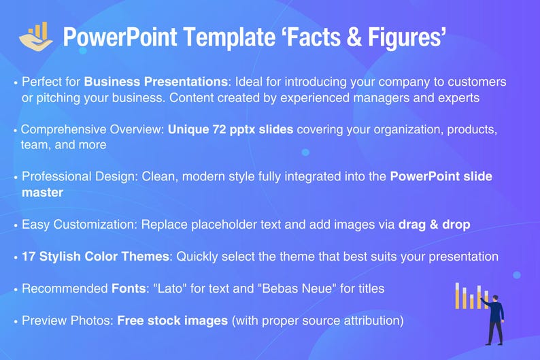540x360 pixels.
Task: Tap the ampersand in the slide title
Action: [358, 37]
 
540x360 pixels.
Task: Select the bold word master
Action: [42, 193]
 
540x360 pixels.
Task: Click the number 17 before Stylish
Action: [29, 257]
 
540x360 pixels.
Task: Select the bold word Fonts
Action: [129, 289]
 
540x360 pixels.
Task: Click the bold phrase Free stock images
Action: [173, 320]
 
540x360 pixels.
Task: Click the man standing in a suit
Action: [494, 318]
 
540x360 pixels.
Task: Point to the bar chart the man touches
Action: [469, 296]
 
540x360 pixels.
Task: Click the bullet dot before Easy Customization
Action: [16, 225]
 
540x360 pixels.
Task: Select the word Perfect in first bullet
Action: [41, 82]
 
